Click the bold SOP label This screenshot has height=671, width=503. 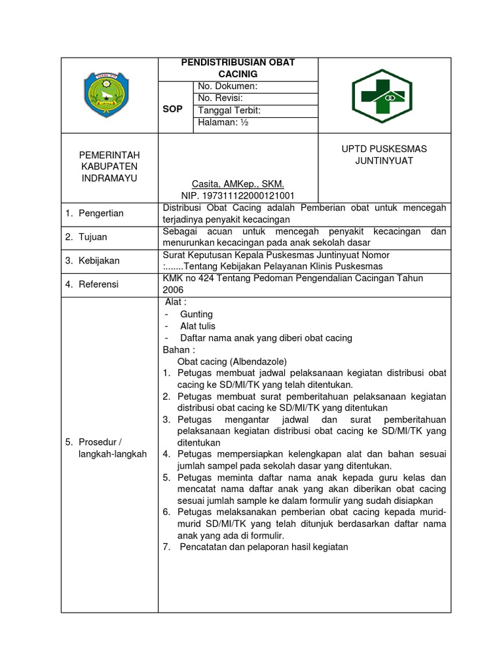(x=173, y=109)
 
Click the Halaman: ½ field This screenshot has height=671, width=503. (x=220, y=123)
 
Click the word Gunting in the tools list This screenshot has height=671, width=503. (x=196, y=314)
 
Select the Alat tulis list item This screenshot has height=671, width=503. (x=198, y=326)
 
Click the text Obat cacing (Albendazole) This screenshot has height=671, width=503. (x=232, y=361)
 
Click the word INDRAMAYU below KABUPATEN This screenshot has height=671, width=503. (x=109, y=178)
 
